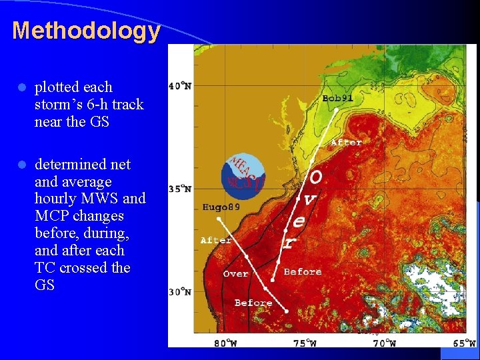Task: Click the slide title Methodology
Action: [x=86, y=31]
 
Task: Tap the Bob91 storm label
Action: [x=337, y=98]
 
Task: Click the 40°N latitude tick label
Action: [x=180, y=85]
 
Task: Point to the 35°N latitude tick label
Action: [x=180, y=189]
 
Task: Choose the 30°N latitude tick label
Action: [x=180, y=291]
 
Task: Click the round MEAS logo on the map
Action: [x=243, y=175]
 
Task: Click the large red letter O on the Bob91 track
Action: [x=316, y=177]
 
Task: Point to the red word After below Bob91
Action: [x=346, y=142]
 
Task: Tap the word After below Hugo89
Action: [x=216, y=240]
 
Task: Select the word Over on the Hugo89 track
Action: [x=235, y=274]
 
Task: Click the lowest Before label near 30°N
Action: [x=253, y=303]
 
